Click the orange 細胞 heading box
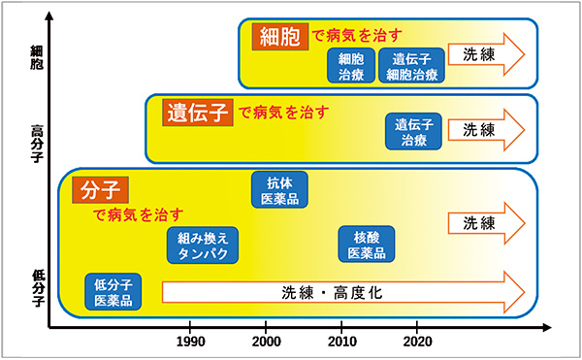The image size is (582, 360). (278, 37)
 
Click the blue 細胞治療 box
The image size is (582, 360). (350, 66)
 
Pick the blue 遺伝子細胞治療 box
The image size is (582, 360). (411, 66)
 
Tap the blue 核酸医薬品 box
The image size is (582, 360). (367, 246)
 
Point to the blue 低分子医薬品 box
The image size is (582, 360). (113, 292)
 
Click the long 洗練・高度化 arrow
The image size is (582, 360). (344, 292)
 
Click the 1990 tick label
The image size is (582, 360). (190, 341)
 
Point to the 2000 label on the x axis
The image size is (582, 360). (267, 341)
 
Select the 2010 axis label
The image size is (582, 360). (341, 341)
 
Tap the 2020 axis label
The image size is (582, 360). (417, 341)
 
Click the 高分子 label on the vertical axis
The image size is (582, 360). (37, 137)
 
